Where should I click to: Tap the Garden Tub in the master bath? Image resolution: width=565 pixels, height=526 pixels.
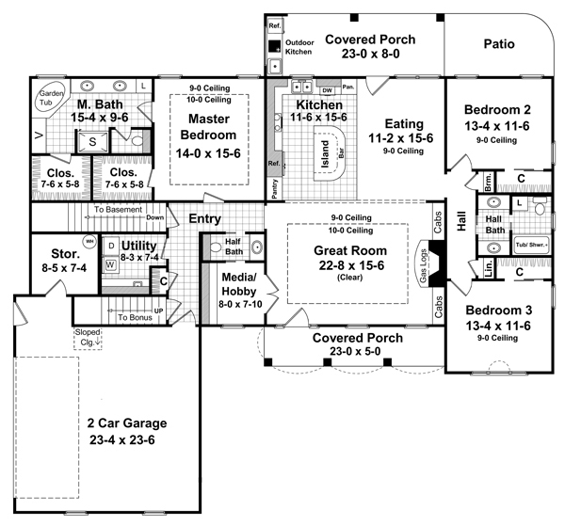(x=49, y=100)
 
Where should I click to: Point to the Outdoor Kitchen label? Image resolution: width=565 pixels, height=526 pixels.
(x=299, y=46)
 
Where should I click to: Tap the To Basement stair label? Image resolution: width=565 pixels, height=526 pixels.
(x=118, y=210)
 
